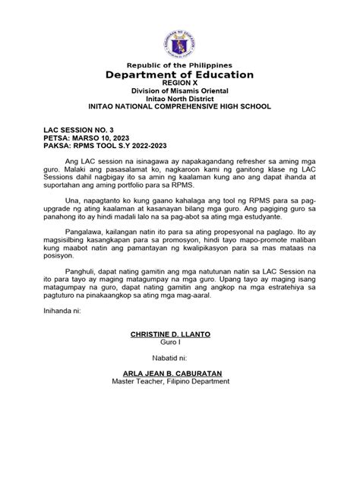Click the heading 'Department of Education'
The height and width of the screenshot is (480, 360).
point(179,74)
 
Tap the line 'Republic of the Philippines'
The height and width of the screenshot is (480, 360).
point(179,65)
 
